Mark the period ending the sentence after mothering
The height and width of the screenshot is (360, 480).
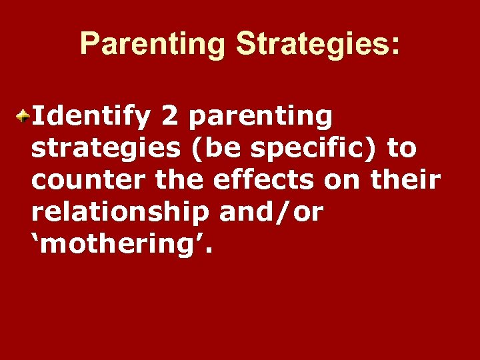coord(213,252)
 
